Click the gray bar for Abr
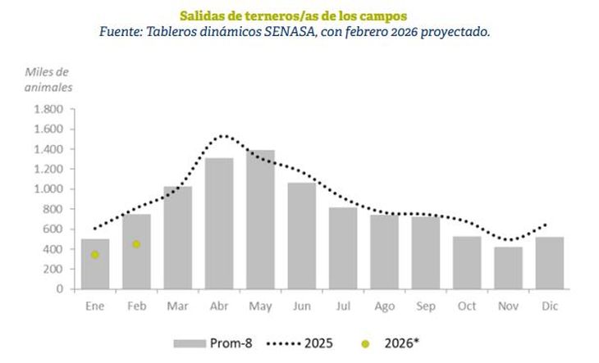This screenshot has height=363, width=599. [219, 223]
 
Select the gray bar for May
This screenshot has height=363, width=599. [261, 219]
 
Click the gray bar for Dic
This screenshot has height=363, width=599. [550, 262]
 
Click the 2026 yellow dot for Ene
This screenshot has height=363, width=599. [95, 255]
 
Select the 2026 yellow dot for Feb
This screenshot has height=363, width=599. [136, 244]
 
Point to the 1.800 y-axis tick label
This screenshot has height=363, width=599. [48, 109]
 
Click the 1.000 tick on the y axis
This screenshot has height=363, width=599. [48, 189]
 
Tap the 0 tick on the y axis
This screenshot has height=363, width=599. [59, 289]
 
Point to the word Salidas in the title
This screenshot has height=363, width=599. [203, 15]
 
